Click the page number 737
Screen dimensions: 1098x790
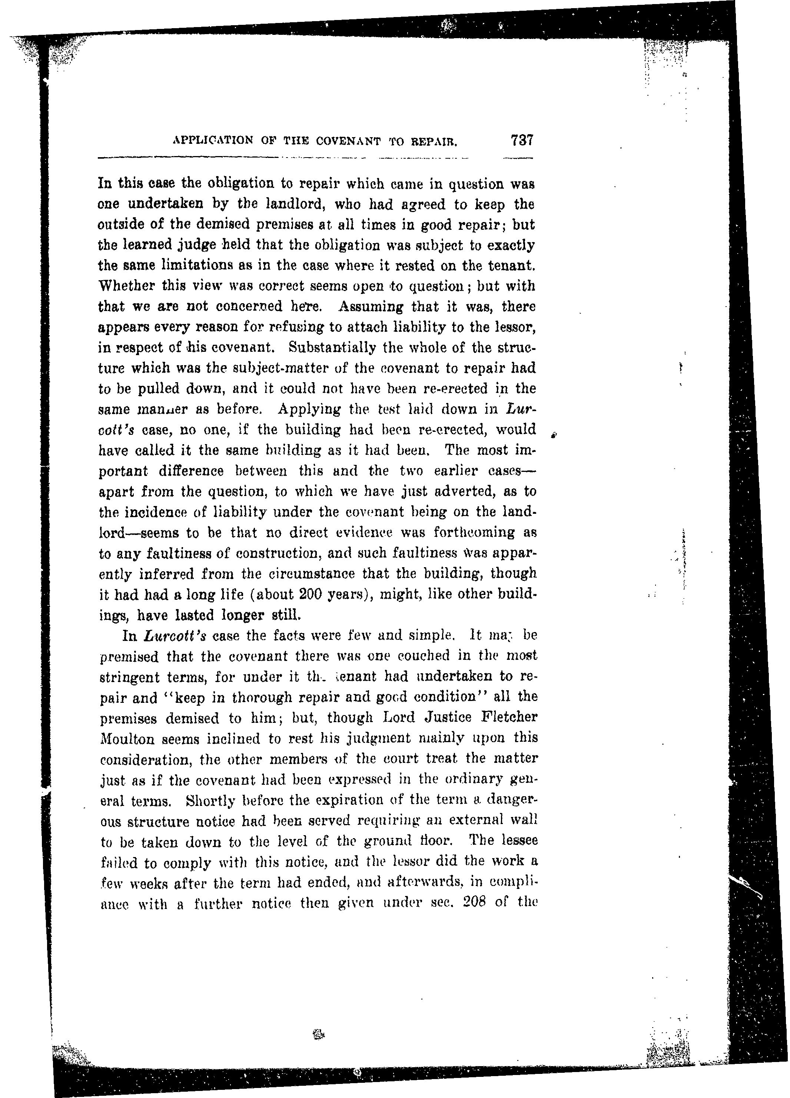(x=521, y=140)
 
